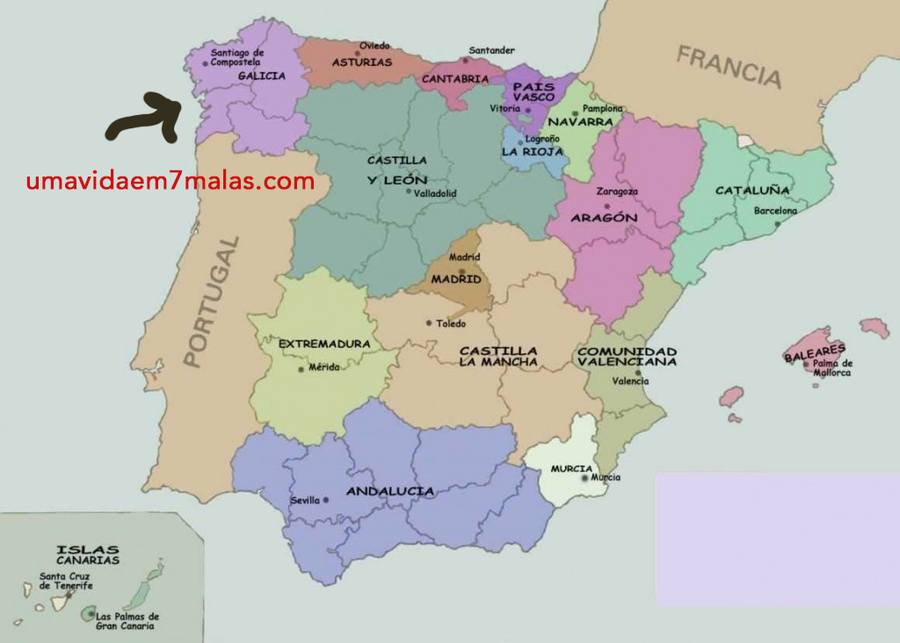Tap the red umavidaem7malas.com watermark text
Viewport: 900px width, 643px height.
click(171, 182)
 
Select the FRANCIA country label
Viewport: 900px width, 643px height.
click(729, 67)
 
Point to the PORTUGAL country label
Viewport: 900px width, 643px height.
click(211, 301)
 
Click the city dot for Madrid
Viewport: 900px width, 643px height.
click(462, 271)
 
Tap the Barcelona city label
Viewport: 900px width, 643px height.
click(775, 211)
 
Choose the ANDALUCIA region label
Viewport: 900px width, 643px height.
click(390, 491)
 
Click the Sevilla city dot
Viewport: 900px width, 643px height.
click(326, 500)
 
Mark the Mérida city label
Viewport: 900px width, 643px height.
click(323, 367)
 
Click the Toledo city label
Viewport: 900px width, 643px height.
click(451, 323)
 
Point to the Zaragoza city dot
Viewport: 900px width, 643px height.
click(606, 206)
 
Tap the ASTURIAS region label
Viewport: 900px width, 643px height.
click(360, 62)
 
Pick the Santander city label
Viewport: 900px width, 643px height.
click(491, 50)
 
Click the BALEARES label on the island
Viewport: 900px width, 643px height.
click(809, 352)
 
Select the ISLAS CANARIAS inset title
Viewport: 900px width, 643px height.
click(88, 554)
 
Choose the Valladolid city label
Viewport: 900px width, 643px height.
click(435, 193)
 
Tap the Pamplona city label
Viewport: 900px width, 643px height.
click(603, 108)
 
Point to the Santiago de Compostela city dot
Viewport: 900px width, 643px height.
click(205, 62)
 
